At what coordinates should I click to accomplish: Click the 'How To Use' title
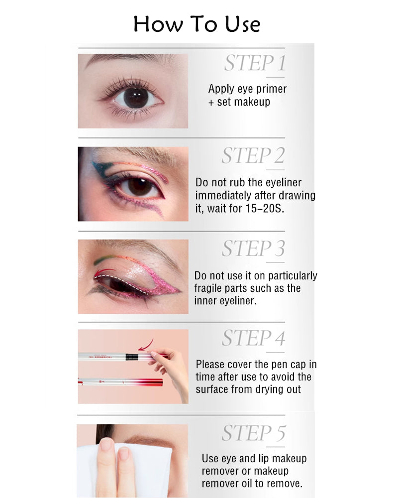coord(197,24)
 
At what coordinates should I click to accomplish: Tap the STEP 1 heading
coord(255,63)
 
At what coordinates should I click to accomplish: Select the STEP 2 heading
coord(253,155)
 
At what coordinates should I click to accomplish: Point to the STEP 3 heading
coord(253,248)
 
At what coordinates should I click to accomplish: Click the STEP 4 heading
coord(253,338)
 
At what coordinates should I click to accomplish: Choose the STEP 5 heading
coord(254,433)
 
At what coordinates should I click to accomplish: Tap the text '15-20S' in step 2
coord(264,209)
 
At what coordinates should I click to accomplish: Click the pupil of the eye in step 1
coord(135,97)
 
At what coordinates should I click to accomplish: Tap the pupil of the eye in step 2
coord(140,187)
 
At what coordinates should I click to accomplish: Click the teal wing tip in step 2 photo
coord(93,164)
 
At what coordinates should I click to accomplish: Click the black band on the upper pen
coord(131,357)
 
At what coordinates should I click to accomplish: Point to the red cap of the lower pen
coord(149,382)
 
